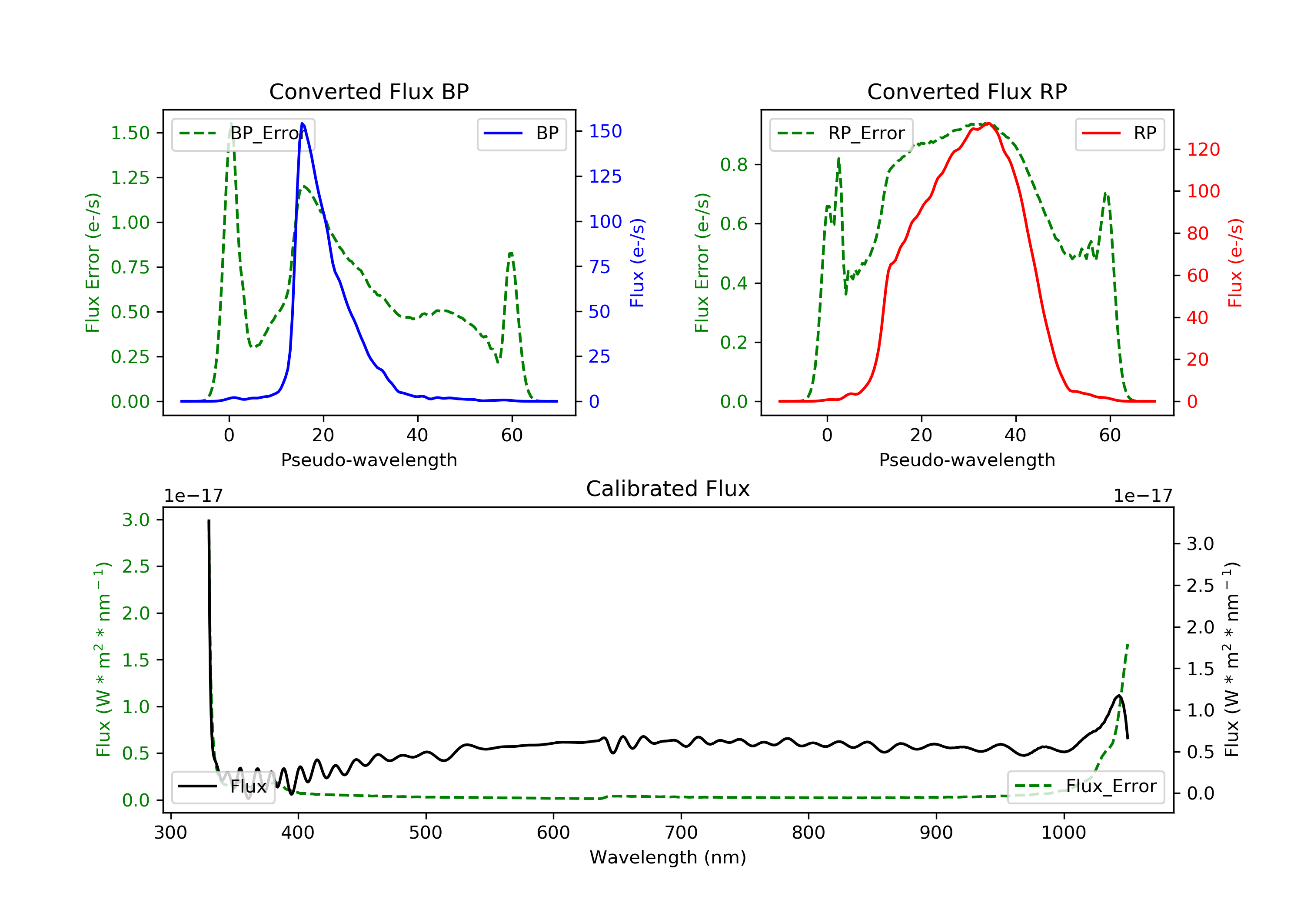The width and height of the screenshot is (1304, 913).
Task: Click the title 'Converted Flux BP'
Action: point(369,91)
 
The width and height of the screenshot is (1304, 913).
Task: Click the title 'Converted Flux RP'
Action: point(967,91)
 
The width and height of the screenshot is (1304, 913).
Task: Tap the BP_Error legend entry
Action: point(243,133)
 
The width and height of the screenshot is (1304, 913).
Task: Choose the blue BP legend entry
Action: point(521,133)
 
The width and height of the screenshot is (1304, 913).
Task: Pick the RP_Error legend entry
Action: point(841,133)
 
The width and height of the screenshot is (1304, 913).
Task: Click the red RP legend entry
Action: point(1119,133)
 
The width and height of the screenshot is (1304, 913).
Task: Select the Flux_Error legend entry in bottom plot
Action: point(1086,786)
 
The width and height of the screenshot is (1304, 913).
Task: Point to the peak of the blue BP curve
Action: point(302,123)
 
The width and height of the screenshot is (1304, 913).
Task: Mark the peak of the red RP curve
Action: point(988,123)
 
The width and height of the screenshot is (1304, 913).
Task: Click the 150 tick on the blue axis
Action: point(605,131)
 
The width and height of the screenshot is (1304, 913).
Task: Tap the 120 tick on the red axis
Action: point(1203,150)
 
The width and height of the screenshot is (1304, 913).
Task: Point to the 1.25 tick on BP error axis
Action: point(130,178)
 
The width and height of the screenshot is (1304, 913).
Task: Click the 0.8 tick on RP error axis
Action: point(734,165)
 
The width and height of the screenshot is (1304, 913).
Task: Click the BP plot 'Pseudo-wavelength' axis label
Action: point(369,460)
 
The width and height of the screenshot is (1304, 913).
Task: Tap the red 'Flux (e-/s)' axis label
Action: point(1235,263)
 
